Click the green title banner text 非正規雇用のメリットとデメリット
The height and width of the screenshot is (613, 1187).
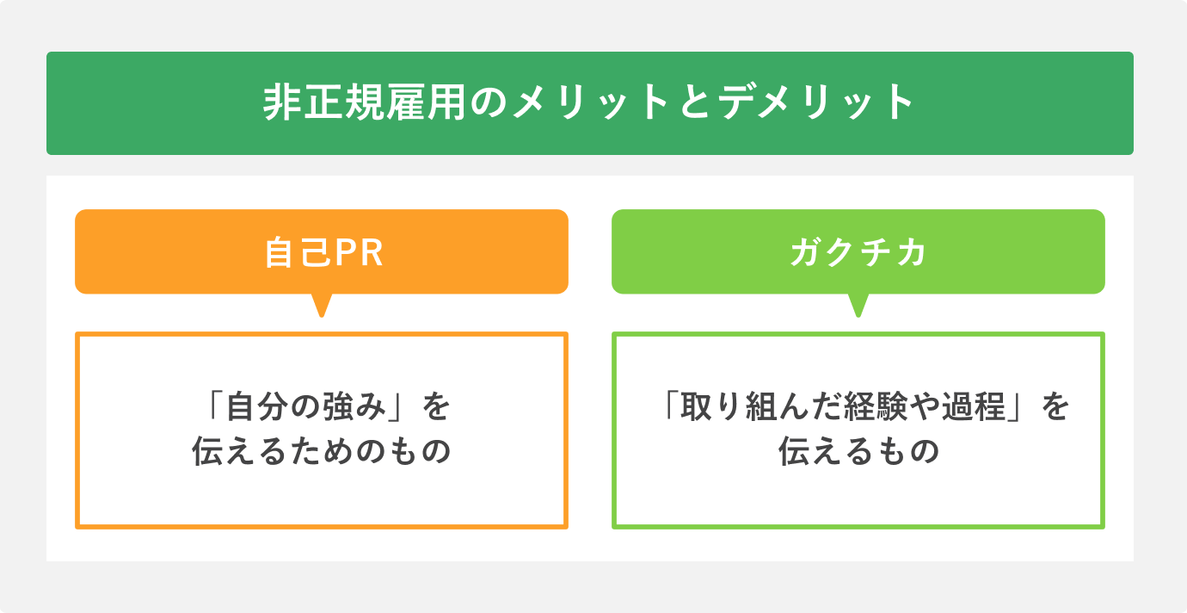589,103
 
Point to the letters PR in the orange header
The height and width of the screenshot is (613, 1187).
356,253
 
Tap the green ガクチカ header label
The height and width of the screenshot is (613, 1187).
858,253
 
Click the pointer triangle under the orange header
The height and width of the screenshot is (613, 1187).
322,305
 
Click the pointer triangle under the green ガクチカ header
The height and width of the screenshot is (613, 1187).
858,305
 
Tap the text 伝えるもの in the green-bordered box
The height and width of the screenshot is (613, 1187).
858,453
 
